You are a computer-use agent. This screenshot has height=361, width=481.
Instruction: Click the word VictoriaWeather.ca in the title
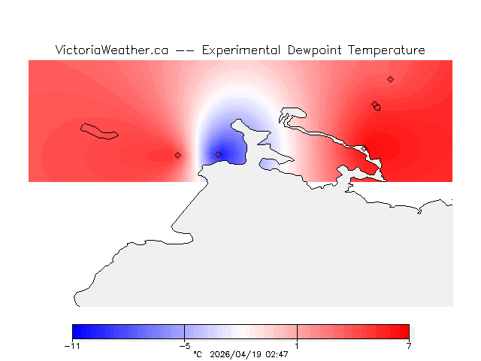[x=111, y=50]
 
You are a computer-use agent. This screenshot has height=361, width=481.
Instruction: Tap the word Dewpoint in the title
[x=313, y=50]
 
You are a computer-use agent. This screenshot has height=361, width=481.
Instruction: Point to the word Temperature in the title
[x=384, y=50]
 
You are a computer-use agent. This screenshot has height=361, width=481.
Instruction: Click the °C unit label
[x=198, y=353]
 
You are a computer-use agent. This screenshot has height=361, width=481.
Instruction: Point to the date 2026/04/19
[x=236, y=353]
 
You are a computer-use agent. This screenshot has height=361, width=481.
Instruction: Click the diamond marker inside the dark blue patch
[x=219, y=154]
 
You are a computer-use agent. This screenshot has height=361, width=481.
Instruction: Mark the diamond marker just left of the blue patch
[x=177, y=155]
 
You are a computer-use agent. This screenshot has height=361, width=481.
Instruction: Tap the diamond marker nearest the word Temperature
[x=390, y=79]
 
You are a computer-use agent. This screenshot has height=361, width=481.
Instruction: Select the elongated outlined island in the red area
[x=100, y=131]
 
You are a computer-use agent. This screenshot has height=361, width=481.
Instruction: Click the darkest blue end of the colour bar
[x=76, y=332]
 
